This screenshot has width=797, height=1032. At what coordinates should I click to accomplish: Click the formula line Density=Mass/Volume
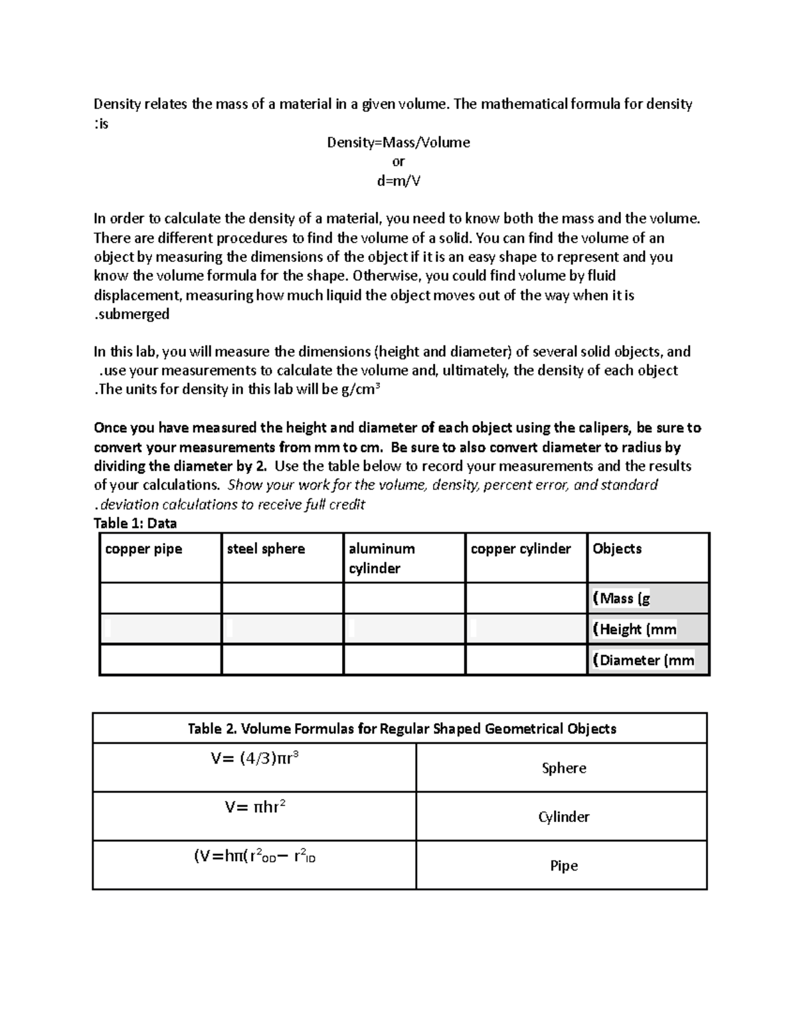coord(398,142)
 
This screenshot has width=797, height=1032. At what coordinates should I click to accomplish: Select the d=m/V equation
coord(398,181)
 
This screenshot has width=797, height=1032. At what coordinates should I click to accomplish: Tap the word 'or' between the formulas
coord(398,161)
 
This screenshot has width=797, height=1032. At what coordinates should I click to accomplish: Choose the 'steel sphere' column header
coord(266,549)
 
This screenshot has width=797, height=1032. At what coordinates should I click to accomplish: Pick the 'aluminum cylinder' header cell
coord(382,558)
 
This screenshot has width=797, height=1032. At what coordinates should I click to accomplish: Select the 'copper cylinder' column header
coord(521,549)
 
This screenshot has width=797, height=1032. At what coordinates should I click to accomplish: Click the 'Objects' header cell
coord(617,549)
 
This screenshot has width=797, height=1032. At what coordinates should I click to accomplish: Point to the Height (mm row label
coord(634,629)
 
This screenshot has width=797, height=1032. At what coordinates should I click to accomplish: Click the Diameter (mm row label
coord(643,660)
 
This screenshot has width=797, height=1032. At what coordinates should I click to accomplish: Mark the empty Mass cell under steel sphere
coord(282,598)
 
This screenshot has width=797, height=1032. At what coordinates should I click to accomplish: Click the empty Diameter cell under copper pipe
coord(160,660)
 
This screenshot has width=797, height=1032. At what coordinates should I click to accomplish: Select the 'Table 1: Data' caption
coord(135,523)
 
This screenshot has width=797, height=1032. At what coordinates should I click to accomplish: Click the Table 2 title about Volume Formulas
coord(402,728)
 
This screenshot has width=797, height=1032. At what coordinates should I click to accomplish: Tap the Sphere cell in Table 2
coord(564,768)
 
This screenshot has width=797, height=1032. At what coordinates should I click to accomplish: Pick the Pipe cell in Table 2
coord(564,865)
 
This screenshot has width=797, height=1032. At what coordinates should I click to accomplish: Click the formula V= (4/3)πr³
coord(254,758)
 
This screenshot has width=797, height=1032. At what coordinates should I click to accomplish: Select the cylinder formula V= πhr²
coord(254,807)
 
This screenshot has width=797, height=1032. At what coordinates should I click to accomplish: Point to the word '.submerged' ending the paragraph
coord(132,314)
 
